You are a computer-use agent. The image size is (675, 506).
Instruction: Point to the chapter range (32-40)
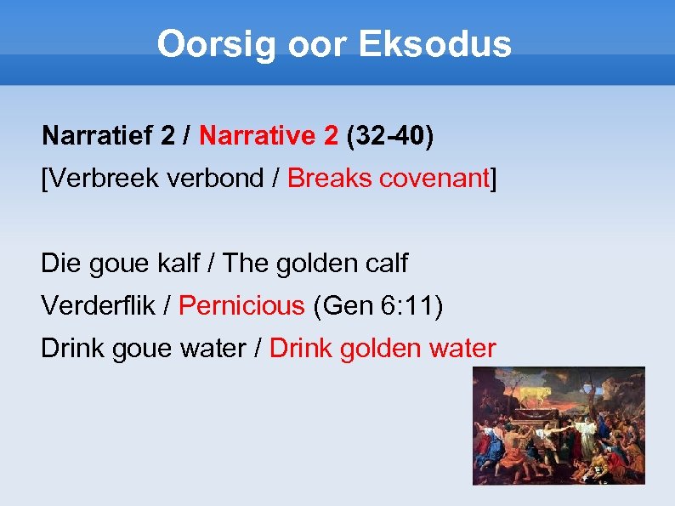coord(390,135)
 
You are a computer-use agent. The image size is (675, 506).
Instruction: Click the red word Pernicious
coord(241,305)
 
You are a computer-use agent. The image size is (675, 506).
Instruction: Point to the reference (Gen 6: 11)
coord(378,305)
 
